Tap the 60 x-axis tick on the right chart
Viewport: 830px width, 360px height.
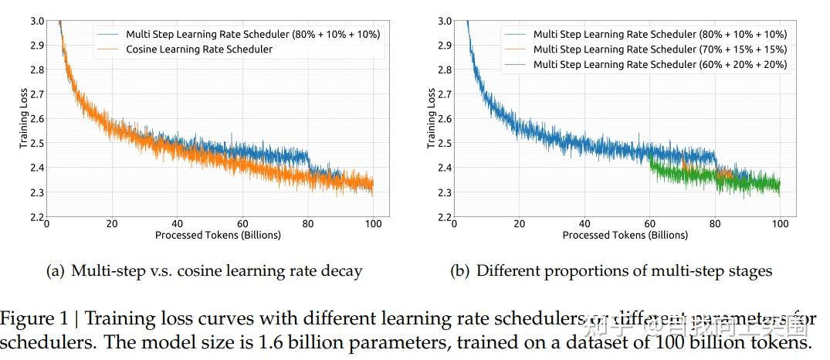[x=650, y=225]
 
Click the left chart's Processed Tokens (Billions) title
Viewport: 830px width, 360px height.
[x=218, y=235]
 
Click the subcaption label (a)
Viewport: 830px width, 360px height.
[x=57, y=271]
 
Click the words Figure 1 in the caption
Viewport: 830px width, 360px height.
[x=29, y=318]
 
